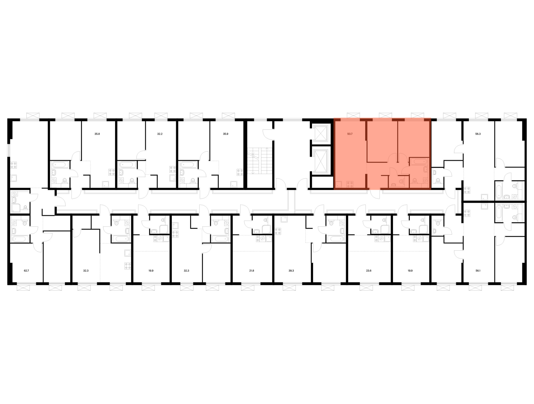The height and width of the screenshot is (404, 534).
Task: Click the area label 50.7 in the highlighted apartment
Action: (x=350, y=134)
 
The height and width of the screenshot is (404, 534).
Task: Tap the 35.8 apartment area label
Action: (x=97, y=134)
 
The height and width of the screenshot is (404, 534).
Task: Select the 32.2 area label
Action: (x=160, y=134)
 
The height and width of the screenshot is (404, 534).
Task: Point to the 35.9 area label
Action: (x=226, y=134)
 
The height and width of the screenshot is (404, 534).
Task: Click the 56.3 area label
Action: (x=478, y=134)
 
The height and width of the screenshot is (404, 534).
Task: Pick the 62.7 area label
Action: (x=26, y=271)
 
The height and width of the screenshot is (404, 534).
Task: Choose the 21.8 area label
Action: (x=252, y=271)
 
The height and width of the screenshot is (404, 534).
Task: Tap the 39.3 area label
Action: (x=291, y=271)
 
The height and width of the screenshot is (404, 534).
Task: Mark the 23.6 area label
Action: (x=369, y=271)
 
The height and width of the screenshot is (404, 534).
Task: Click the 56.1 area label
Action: (x=478, y=271)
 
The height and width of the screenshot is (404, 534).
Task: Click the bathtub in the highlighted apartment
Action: (x=419, y=162)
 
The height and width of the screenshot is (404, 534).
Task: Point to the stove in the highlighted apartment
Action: (x=350, y=184)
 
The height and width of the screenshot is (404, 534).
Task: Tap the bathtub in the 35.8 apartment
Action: (x=59, y=164)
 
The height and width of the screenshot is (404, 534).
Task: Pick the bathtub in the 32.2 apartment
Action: (x=127, y=164)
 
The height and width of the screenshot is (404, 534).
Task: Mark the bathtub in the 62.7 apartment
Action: (x=19, y=239)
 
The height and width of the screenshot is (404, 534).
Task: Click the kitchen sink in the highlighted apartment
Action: (x=339, y=184)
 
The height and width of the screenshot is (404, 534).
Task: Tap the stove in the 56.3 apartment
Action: (x=467, y=190)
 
